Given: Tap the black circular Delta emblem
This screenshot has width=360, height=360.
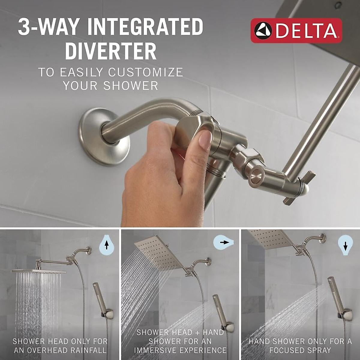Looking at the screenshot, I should coord(263,31).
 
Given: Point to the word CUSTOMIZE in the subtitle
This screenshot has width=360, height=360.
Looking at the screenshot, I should coord(145,72).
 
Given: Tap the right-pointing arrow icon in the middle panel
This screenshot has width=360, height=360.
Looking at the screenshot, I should coord(223,242).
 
